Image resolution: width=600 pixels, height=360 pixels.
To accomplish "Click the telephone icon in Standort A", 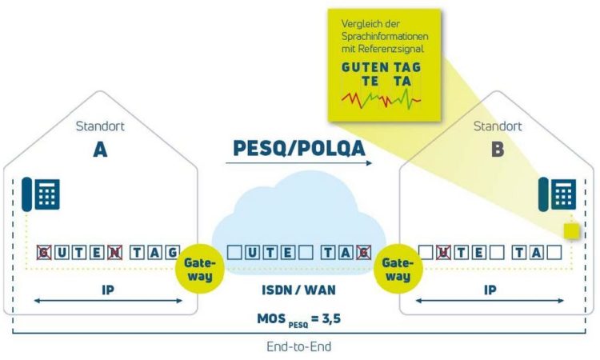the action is [41, 194].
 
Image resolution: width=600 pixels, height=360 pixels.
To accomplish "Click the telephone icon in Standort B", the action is [557, 194].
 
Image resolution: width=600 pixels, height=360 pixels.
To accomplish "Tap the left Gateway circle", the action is [200, 269].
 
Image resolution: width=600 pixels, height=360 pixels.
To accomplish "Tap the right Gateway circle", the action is [398, 269].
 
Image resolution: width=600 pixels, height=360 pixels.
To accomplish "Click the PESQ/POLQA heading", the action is [299, 148].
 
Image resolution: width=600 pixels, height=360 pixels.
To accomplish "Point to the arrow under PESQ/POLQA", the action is [299, 163].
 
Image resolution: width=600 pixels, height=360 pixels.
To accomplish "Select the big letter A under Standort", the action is [100, 150].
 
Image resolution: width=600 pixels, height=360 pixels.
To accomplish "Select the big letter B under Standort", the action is [498, 150].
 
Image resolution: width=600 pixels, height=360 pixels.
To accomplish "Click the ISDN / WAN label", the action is [298, 290].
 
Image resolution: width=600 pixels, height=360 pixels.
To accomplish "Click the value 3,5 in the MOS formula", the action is [331, 318].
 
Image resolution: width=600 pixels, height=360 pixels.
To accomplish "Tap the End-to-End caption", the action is [299, 346].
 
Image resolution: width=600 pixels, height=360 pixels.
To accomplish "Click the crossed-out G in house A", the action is [44, 253].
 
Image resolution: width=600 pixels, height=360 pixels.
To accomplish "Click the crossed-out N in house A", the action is [114, 253].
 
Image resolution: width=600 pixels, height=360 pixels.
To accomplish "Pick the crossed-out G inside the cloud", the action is [363, 253].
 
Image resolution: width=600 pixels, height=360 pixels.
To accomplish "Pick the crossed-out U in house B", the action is [443, 253].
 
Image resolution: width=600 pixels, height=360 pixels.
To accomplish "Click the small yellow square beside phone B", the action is [572, 231].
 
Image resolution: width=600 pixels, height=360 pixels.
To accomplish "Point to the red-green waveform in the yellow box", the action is [381, 99].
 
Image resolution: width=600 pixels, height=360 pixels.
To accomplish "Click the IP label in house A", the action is [108, 290].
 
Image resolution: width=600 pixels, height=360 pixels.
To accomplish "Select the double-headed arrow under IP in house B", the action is [490, 301].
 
